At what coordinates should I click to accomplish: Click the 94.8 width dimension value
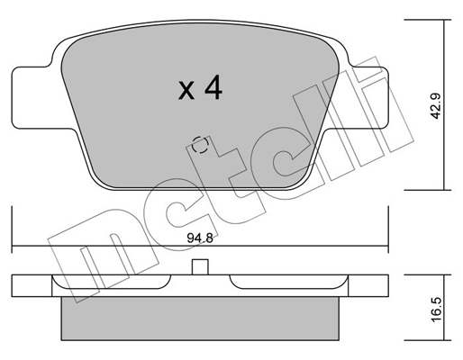click(200, 238)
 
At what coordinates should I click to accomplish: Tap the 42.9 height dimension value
click(436, 106)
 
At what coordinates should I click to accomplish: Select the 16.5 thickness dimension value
click(436, 310)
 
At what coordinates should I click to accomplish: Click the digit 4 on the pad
click(213, 87)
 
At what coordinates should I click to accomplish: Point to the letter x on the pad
click(186, 90)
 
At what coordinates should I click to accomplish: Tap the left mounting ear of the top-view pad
click(36, 98)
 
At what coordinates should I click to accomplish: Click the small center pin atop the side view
click(200, 266)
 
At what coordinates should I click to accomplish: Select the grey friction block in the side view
click(200, 319)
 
